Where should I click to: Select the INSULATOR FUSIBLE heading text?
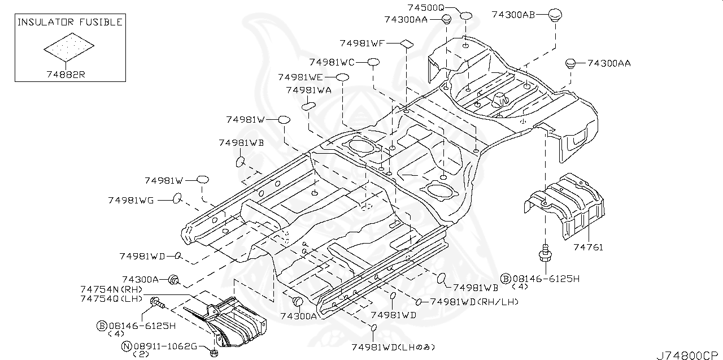point(69,23)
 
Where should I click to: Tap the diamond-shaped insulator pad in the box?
point(69,47)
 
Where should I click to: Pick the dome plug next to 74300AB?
point(557,15)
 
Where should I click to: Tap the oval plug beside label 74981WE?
point(342,77)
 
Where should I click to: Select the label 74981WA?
point(308,90)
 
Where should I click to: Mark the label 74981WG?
point(130,199)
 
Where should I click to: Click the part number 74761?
point(588,247)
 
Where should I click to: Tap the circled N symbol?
point(127,346)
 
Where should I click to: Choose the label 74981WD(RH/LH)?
point(474,302)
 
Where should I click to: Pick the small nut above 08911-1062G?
point(214,354)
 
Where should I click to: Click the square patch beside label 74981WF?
point(407,43)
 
